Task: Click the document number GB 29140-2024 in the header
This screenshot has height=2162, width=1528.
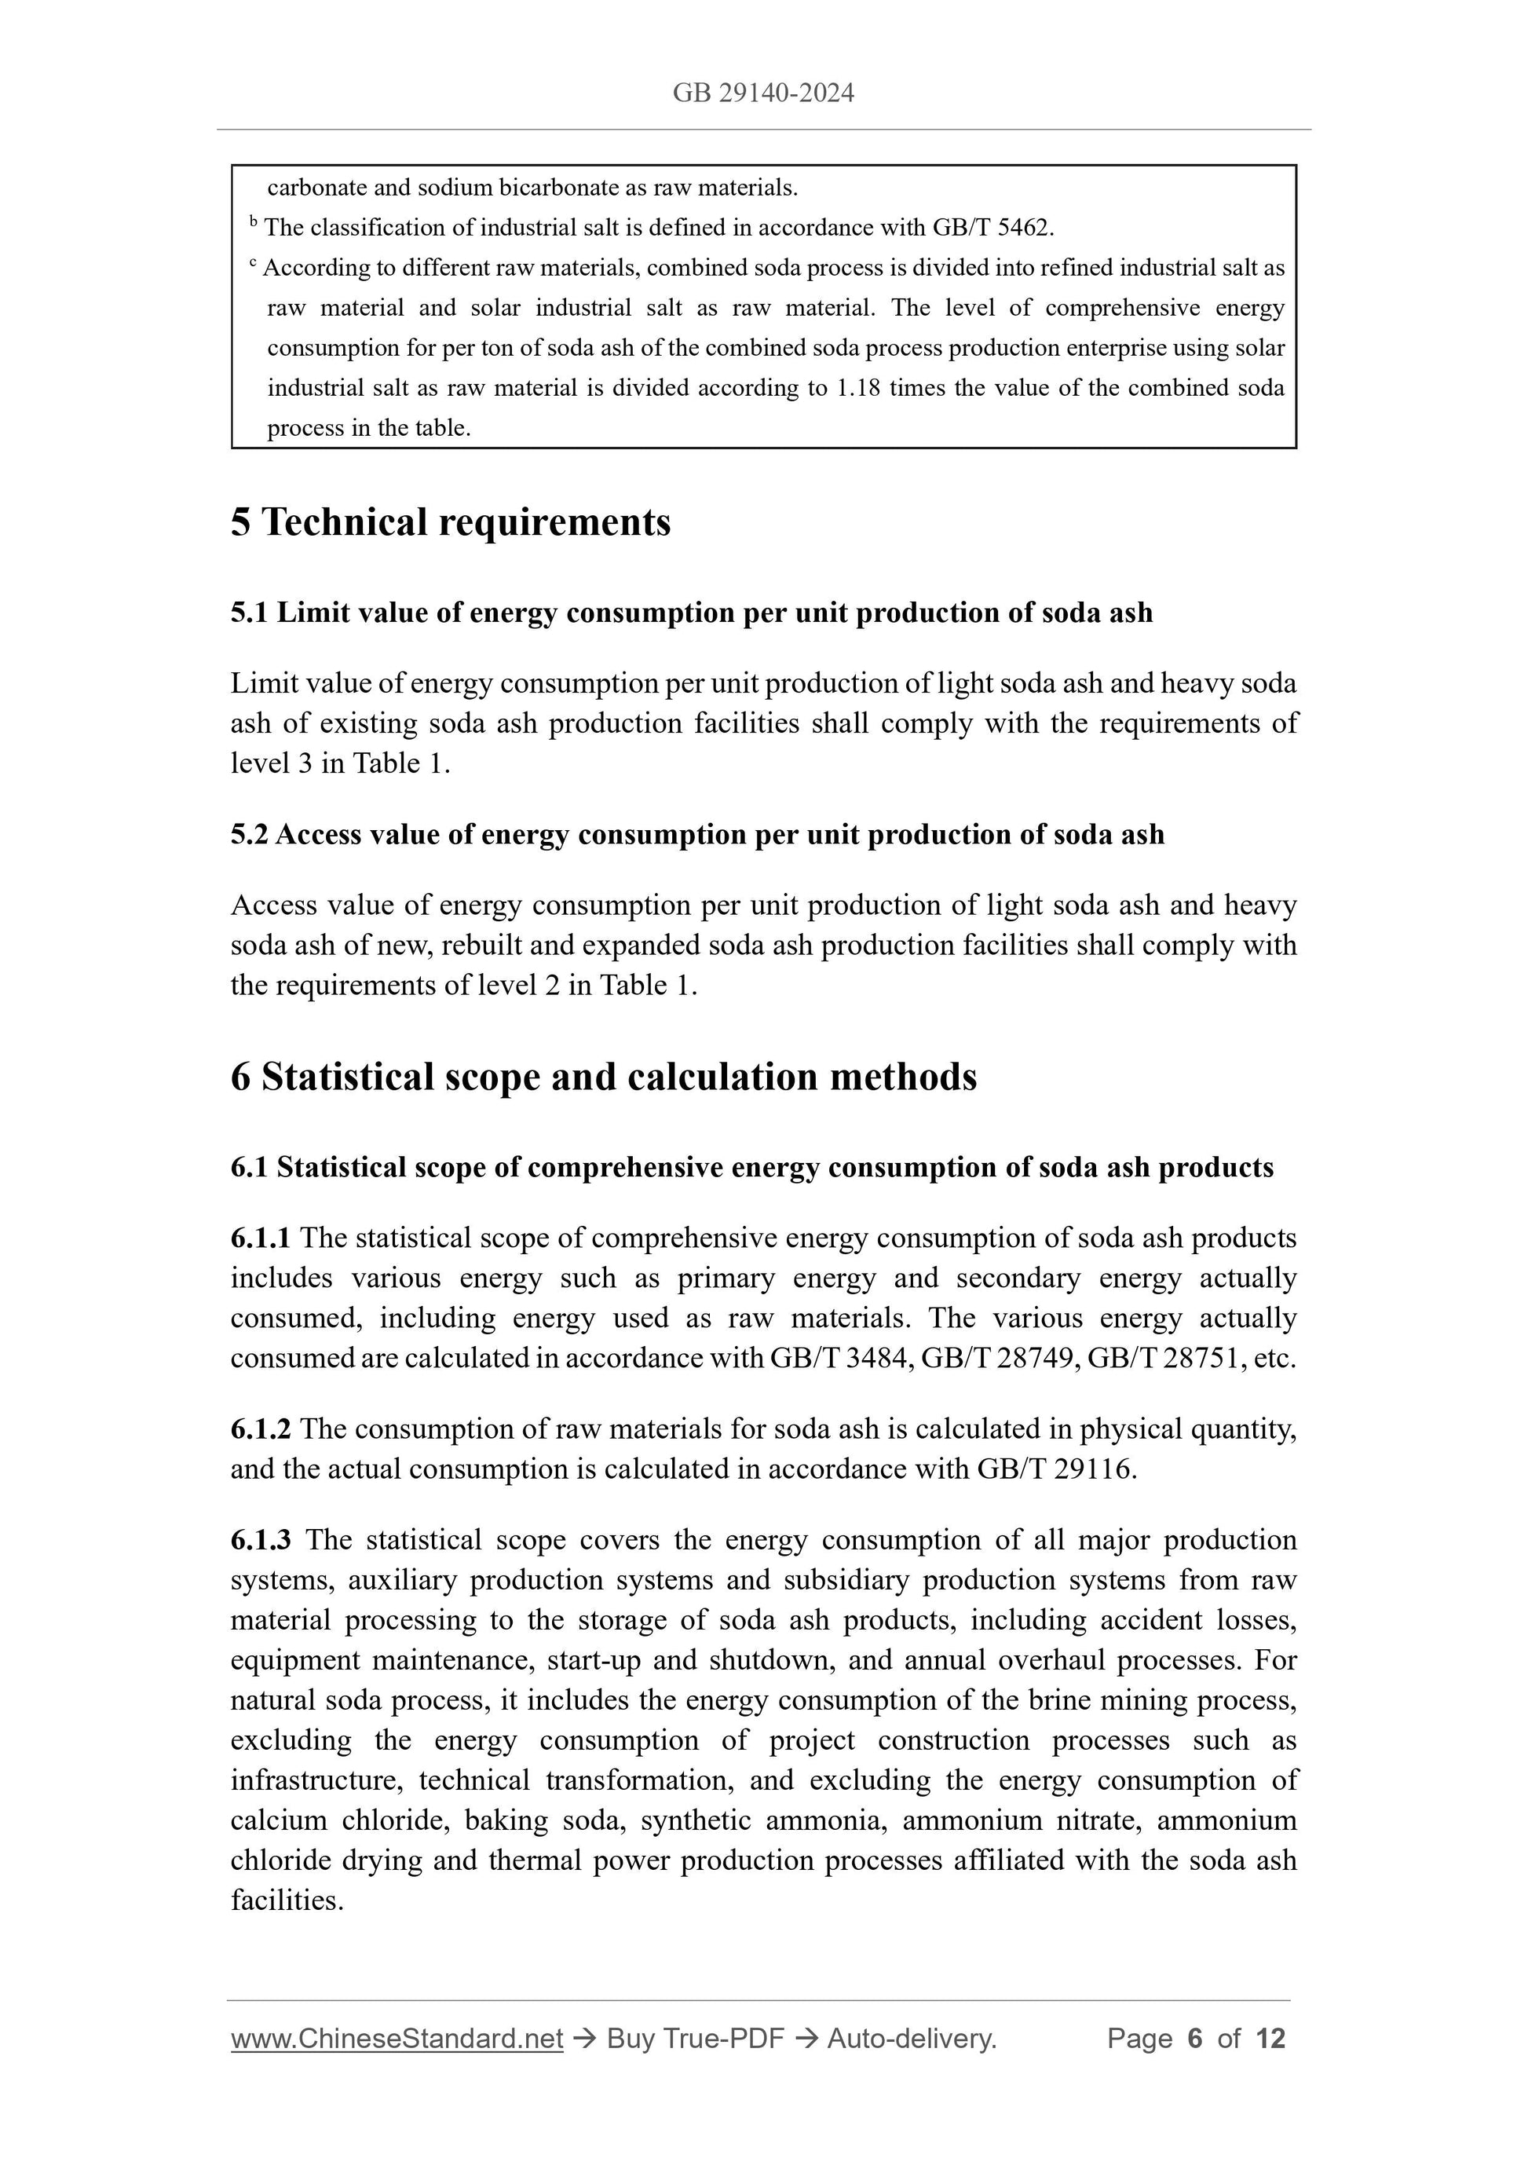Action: coord(763,93)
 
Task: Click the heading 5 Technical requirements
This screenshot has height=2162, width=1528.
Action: coord(450,522)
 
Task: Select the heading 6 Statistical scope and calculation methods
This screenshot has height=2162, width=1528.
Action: coord(604,1077)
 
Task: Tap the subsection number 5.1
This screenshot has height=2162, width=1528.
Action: coord(250,613)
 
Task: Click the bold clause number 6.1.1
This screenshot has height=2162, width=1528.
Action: coord(261,1238)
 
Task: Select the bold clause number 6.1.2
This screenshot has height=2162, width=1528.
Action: coord(261,1429)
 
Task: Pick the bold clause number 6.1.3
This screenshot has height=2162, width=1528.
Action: coord(261,1541)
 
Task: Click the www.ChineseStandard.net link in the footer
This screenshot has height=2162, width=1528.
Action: coord(397,2039)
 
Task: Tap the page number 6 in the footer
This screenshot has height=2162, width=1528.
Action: coord(1195,2039)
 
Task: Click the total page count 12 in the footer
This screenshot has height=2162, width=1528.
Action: coord(1270,2039)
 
